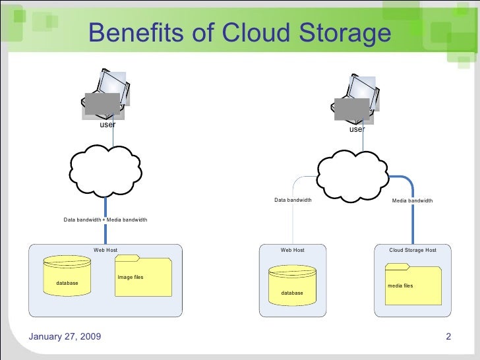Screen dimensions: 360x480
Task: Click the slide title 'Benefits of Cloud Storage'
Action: point(239,33)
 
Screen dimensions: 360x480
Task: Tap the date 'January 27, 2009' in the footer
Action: point(65,338)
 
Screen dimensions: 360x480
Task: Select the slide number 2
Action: point(448,338)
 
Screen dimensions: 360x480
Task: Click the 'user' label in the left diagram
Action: point(107,124)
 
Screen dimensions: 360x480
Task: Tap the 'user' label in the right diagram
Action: point(357,129)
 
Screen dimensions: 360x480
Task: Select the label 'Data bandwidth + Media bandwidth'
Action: point(105,220)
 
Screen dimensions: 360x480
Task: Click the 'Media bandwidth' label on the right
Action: point(412,200)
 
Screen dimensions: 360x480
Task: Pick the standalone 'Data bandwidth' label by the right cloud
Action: point(293,200)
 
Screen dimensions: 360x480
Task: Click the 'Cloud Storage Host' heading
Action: point(413,250)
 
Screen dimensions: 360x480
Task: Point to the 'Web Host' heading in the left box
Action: point(105,250)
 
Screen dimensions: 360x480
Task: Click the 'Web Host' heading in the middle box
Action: point(292,250)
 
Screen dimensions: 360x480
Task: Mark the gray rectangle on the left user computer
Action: point(103,104)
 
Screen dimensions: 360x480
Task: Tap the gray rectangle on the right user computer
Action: point(351,109)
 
